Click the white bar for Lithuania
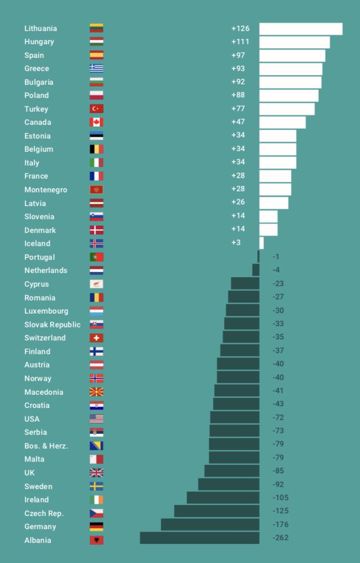(300, 29)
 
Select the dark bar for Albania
(199, 538)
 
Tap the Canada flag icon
(96, 122)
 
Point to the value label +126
(240, 28)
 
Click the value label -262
(280, 538)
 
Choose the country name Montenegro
(46, 190)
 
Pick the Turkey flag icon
(96, 109)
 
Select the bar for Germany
(210, 525)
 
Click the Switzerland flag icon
(96, 338)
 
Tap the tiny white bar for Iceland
(261, 243)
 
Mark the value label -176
(280, 525)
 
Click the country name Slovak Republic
(52, 325)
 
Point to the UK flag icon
(96, 473)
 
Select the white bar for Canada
(282, 122)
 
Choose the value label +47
(238, 122)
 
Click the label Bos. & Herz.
(46, 446)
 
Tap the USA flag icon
(96, 419)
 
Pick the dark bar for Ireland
(223, 498)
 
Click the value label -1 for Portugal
(276, 257)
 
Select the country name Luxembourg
(46, 311)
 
